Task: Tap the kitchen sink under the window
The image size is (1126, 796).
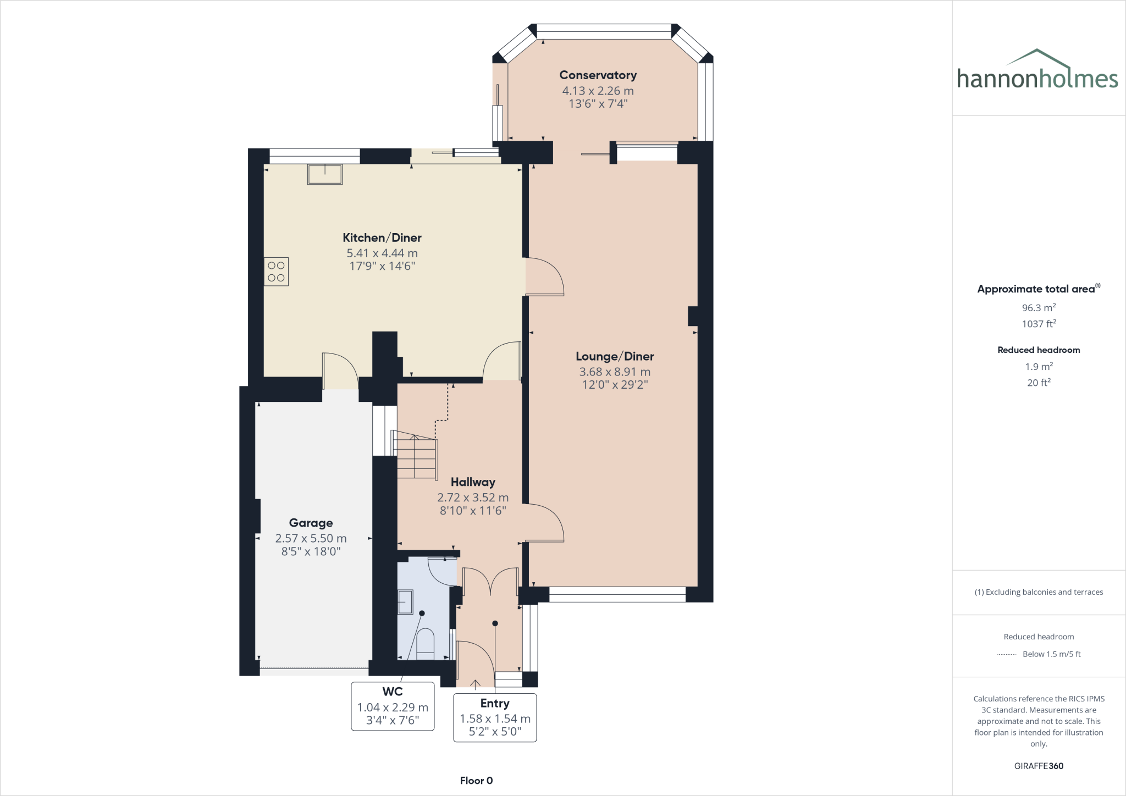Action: (x=325, y=174)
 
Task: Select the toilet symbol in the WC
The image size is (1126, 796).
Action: (x=426, y=644)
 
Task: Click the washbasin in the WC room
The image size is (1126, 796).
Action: (x=405, y=602)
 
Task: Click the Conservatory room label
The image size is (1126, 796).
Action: (x=598, y=75)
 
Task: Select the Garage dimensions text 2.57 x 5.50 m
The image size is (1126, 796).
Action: (x=311, y=538)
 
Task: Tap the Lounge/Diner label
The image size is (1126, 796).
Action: (x=615, y=356)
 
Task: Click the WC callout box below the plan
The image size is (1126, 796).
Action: (x=393, y=706)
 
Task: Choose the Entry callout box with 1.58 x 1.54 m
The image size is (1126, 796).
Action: (x=495, y=718)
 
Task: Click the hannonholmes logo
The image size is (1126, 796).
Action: (x=1037, y=71)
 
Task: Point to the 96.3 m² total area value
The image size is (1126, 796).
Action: (x=1038, y=308)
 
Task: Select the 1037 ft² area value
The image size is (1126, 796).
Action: (x=1038, y=324)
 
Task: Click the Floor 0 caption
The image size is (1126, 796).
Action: (x=476, y=781)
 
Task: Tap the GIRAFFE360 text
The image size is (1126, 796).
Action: (x=1039, y=766)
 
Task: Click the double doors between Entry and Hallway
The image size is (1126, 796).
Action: (x=490, y=582)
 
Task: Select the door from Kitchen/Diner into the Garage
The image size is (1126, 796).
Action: (x=340, y=371)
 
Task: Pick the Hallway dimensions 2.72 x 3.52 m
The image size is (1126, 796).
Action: (x=473, y=497)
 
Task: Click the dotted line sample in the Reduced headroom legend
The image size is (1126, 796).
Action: (x=1006, y=654)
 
